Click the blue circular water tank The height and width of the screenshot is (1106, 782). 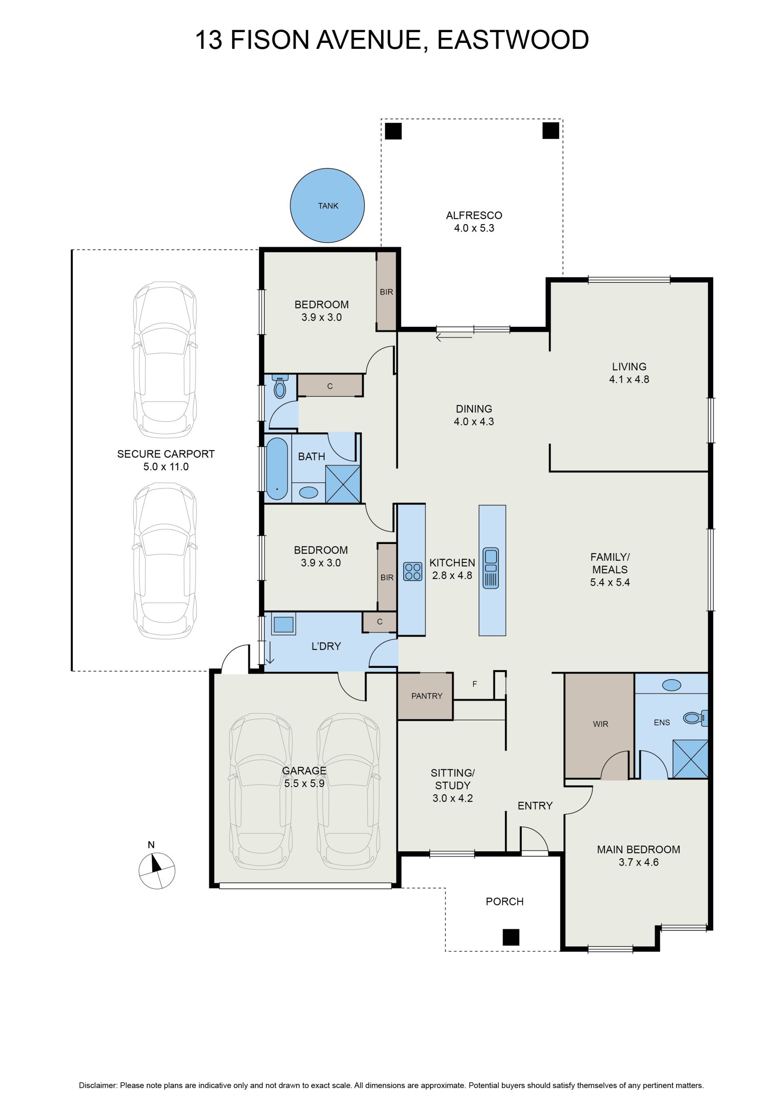pyautogui.click(x=327, y=206)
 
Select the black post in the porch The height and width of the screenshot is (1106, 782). pyautogui.click(x=511, y=937)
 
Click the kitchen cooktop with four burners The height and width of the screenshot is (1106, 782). pyautogui.click(x=413, y=571)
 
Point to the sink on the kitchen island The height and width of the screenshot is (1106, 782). pyautogui.click(x=491, y=568)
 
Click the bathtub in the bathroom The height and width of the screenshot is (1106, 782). pyautogui.click(x=277, y=468)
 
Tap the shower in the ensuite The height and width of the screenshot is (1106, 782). pyautogui.click(x=690, y=759)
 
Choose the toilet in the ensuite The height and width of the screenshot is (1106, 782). pyautogui.click(x=695, y=718)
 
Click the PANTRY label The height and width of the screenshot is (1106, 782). pyautogui.click(x=426, y=696)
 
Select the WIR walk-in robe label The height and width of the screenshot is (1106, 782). pyautogui.click(x=600, y=723)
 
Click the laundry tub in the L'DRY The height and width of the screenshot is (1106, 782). pyautogui.click(x=283, y=624)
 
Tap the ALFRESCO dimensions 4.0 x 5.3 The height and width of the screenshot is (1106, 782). pyautogui.click(x=474, y=228)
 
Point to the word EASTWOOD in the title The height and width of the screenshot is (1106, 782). pyautogui.click(x=513, y=40)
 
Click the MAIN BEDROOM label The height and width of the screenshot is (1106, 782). pyautogui.click(x=639, y=849)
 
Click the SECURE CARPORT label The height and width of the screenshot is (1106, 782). pyautogui.click(x=166, y=454)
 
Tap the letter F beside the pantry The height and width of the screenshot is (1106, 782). pyautogui.click(x=475, y=683)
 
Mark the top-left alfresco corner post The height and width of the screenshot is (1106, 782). pyautogui.click(x=393, y=131)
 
